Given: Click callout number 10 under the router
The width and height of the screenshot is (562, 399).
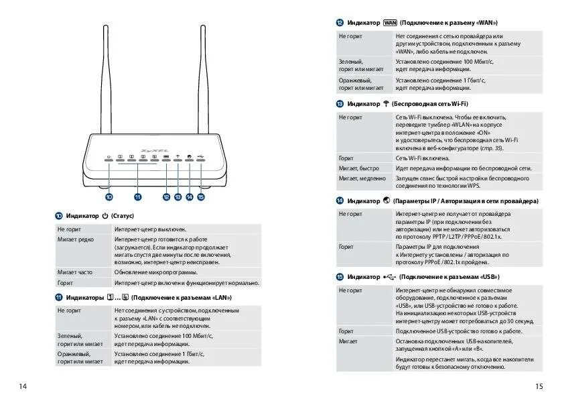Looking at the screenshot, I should click(109, 197).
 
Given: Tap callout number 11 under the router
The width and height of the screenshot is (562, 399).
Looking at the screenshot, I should click(137, 197).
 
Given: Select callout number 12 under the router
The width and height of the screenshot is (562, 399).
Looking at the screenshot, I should click(166, 197).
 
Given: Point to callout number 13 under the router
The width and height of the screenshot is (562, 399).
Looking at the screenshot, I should click(178, 197).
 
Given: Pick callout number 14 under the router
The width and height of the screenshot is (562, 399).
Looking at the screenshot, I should click(190, 197).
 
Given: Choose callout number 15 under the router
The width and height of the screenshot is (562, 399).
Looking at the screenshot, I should click(201, 197).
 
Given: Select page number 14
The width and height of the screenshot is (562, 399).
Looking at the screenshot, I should click(23, 386).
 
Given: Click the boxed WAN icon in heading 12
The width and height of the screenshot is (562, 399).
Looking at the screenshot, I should click(391, 22).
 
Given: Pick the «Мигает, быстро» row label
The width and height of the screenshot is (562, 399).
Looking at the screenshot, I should click(359, 168).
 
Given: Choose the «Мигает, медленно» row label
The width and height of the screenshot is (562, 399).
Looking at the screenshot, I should click(362, 178).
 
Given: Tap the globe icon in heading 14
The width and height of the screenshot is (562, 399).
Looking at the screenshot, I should click(387, 201).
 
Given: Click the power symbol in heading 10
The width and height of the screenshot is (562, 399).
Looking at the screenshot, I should click(104, 216).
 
